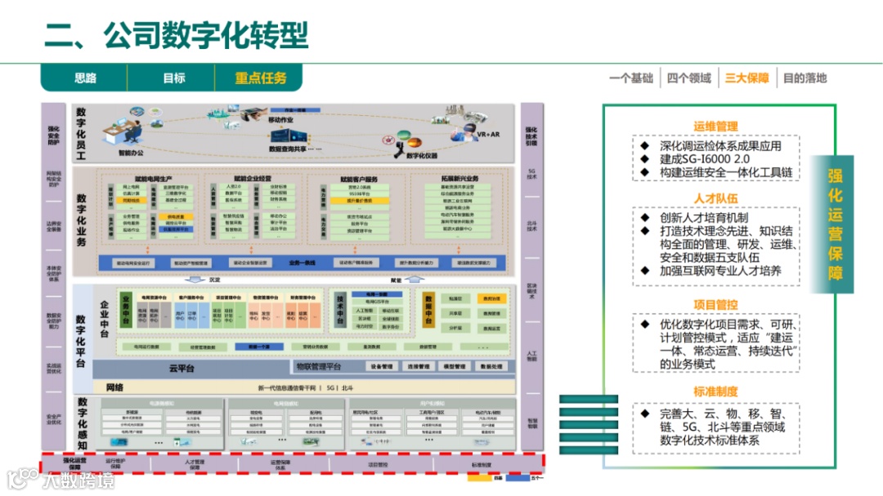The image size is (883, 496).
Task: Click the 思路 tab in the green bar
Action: click(86, 78)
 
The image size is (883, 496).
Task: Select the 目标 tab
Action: click(173, 78)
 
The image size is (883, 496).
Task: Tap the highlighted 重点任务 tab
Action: click(261, 78)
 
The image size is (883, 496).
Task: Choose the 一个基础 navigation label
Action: click(631, 78)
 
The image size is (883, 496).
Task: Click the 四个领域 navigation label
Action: click(689, 78)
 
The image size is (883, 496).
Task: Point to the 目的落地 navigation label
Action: click(805, 78)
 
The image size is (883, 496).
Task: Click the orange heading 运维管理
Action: click(715, 127)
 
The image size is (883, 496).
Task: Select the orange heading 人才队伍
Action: click(715, 199)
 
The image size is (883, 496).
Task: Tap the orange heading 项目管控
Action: click(715, 305)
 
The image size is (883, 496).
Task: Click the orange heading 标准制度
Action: click(715, 391)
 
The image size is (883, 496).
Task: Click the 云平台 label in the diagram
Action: click(182, 369)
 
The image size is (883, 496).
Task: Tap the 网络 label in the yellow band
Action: click(114, 387)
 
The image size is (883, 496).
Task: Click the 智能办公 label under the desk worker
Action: click(131, 153)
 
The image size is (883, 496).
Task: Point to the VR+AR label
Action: click(488, 133)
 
